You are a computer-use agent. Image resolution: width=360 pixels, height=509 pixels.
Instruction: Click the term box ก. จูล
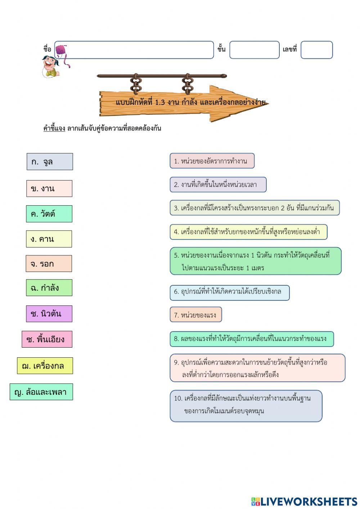(x=50, y=162)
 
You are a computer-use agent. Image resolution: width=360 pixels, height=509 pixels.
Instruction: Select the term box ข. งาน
(x=49, y=188)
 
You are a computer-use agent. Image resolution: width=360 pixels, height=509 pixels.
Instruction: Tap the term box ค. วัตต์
(x=49, y=214)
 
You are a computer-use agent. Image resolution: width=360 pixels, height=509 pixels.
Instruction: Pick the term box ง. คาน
(x=49, y=239)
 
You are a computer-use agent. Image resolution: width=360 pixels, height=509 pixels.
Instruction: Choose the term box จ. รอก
(x=49, y=264)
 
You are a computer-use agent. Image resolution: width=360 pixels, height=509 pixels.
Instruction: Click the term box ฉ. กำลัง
(x=49, y=288)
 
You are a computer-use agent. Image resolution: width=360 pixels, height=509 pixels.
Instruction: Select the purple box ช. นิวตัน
(x=49, y=314)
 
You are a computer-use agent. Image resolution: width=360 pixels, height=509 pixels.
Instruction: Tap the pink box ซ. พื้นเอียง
(x=47, y=339)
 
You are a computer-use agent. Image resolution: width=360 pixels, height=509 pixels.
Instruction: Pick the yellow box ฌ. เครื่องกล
(x=45, y=366)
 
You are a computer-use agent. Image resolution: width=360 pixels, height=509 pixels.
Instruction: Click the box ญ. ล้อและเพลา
(x=41, y=392)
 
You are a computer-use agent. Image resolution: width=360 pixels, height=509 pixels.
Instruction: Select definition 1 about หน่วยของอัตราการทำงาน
(x=212, y=161)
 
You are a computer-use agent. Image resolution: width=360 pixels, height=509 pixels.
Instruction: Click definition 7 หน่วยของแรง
(x=196, y=315)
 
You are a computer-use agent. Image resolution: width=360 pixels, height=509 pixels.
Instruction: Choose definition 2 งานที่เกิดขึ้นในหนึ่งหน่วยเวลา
(x=218, y=185)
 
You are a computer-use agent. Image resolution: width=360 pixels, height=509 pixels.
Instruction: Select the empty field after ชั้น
(x=255, y=50)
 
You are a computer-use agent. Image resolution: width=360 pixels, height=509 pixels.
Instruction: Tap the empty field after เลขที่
(x=316, y=50)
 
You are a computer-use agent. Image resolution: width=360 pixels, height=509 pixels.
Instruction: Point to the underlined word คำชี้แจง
(x=54, y=128)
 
